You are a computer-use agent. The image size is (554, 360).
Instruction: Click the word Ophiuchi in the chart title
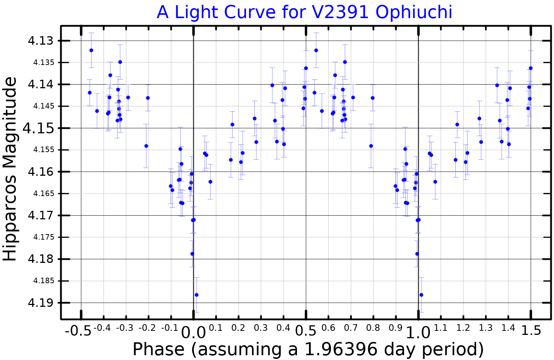[x=414, y=12]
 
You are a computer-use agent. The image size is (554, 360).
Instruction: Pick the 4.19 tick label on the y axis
[x=41, y=303]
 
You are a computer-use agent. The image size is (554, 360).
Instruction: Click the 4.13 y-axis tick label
[x=41, y=41]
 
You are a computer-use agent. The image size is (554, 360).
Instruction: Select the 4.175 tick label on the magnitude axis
[x=44, y=237]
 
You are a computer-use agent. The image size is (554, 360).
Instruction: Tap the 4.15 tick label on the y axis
[x=38, y=128]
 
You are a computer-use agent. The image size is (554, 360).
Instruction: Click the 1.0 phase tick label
[x=418, y=333]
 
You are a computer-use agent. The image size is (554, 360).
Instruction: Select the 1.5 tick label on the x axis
[x=531, y=330]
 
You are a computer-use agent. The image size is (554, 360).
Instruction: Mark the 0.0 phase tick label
[x=193, y=333]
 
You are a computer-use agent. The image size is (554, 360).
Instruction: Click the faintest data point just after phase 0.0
[x=196, y=295]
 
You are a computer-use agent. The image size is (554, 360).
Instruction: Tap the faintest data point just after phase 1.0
[x=421, y=295]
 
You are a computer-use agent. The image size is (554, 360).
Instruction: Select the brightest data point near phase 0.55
[x=316, y=50]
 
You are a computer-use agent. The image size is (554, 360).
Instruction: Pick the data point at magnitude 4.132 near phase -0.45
[x=91, y=50]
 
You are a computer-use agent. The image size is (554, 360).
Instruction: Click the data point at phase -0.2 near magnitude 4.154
[x=146, y=146]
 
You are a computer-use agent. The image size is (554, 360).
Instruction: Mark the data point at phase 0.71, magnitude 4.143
[x=353, y=97]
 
